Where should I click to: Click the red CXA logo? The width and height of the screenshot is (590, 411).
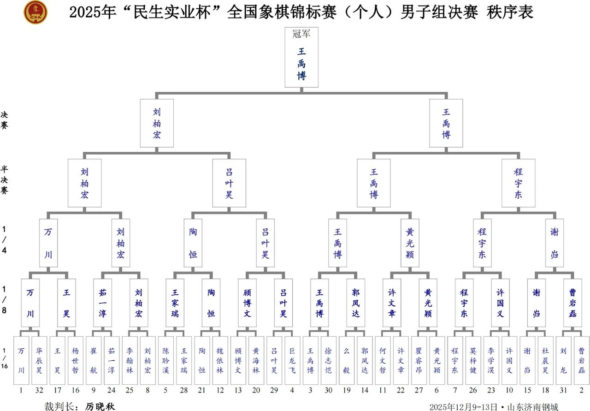coord(35,12)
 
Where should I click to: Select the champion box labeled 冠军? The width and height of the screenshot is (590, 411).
coord(301,57)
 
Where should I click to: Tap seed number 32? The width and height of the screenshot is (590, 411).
coord(39,390)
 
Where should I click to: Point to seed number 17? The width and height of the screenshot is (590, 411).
coord(57,390)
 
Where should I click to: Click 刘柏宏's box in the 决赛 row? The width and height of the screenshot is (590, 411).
coord(157,123)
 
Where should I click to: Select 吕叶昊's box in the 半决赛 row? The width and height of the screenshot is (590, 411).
coord(229,183)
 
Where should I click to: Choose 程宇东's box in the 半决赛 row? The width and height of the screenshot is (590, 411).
coord(519,183)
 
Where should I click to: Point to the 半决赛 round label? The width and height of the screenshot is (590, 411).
coord(5,180)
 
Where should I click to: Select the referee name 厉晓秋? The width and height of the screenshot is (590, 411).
coord(100,406)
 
